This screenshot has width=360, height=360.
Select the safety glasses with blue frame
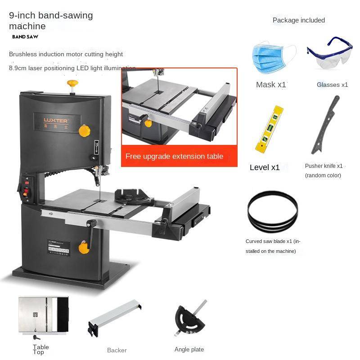[330, 54]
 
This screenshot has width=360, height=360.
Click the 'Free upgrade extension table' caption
[174, 157]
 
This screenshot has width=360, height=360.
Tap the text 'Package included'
[298, 20]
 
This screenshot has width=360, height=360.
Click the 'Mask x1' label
[271, 85]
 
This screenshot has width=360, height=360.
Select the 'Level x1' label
[265, 167]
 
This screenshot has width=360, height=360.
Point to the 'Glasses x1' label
[332, 85]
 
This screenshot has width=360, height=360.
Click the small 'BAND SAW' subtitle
[25, 37]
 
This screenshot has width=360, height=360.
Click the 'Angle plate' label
[189, 350]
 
